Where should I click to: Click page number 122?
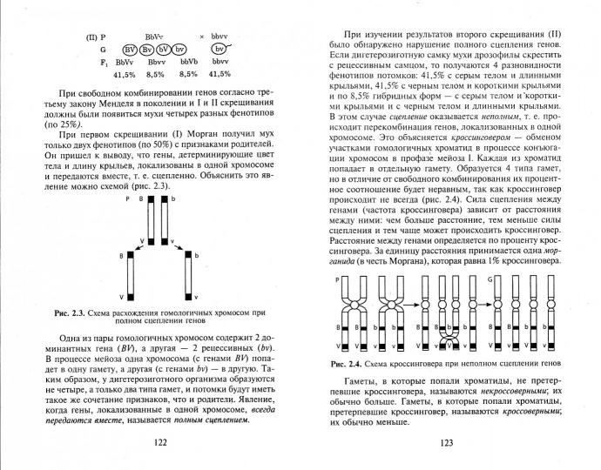(160, 442)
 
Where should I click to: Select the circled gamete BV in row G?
(132, 50)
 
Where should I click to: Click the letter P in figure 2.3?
(127, 199)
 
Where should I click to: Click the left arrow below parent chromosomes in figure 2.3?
(143, 241)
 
